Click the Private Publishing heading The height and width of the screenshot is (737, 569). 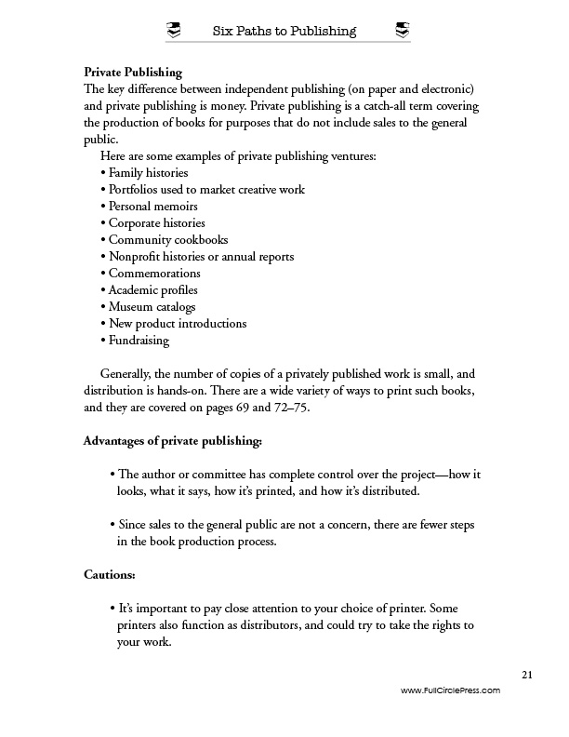tap(133, 72)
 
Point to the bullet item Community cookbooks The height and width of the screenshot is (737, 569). tap(166, 240)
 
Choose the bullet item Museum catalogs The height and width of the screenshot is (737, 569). tap(151, 307)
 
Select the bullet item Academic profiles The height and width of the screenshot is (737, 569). tap(151, 290)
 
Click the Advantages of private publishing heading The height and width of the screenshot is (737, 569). tap(173, 440)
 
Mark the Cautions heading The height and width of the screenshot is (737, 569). tap(110, 574)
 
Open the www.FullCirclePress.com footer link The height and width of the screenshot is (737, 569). tap(450, 690)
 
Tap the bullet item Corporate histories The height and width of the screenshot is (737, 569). tap(155, 223)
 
